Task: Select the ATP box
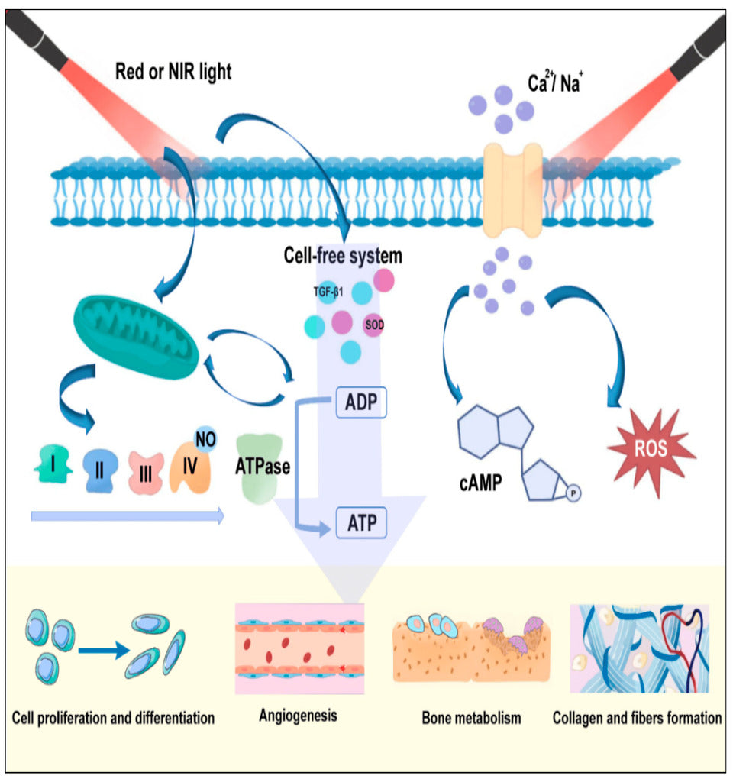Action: pyautogui.click(x=362, y=524)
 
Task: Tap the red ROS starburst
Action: pyautogui.click(x=651, y=449)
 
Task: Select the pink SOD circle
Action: pyautogui.click(x=374, y=324)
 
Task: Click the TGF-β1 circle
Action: pyautogui.click(x=327, y=291)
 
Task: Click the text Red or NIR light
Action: pyautogui.click(x=173, y=73)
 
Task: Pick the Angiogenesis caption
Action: pyautogui.click(x=298, y=716)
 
